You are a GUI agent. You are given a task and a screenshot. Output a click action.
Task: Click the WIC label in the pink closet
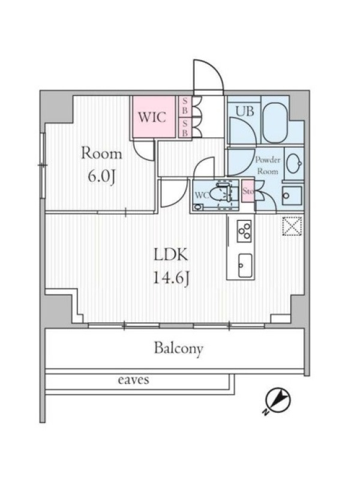pyautogui.click(x=152, y=117)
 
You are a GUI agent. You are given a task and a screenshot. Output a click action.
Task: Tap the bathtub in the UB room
pyautogui.click(x=275, y=122)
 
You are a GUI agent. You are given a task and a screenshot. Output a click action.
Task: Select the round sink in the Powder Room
pyautogui.click(x=293, y=164)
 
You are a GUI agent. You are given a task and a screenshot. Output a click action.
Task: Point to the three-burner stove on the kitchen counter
pyautogui.click(x=244, y=231)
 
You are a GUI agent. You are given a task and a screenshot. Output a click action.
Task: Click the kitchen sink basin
pyautogui.click(x=245, y=265)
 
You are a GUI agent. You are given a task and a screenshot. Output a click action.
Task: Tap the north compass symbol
pyautogui.click(x=277, y=401)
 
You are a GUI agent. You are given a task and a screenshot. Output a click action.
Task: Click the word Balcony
pyautogui.click(x=179, y=349)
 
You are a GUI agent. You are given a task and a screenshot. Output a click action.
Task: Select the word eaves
pyautogui.click(x=133, y=380)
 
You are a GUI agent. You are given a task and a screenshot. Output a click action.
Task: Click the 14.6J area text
pyautogui.click(x=170, y=278)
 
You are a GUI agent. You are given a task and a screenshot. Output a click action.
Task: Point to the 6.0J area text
pyautogui.click(x=101, y=177)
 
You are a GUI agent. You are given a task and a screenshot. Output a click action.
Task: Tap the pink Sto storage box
pyautogui.click(x=248, y=191)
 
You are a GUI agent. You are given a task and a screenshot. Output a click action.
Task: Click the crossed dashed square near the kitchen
pyautogui.click(x=292, y=227)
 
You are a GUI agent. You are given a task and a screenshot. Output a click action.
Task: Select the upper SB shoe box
pyautogui.click(x=184, y=106)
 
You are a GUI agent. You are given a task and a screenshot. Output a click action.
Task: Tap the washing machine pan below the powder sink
pyautogui.click(x=292, y=195)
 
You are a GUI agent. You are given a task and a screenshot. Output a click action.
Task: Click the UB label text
pyautogui.click(x=245, y=111)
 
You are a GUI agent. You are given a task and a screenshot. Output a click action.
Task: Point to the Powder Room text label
pyautogui.click(x=268, y=166)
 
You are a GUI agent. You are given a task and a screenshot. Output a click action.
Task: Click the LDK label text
pyautogui.click(x=170, y=254)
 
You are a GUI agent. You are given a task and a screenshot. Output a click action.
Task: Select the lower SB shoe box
pyautogui.click(x=184, y=128)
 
